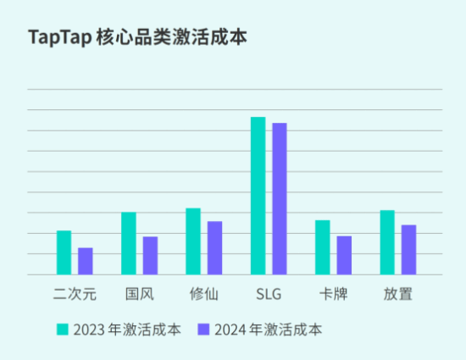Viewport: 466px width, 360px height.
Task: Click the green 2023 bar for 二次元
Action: (64, 252)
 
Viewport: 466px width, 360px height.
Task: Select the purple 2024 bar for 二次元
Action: (86, 261)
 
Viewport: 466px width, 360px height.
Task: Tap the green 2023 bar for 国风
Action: (129, 243)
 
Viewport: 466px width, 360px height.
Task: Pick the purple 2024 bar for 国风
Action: (150, 255)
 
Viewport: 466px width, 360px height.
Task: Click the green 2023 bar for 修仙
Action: (193, 241)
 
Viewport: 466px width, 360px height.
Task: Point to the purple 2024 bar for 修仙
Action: (215, 247)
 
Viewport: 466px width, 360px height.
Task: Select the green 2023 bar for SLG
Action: (258, 196)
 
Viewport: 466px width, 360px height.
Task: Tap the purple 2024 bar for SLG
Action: (280, 199)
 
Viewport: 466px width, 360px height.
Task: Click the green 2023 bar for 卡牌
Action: (323, 247)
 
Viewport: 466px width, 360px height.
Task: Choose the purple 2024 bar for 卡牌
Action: (344, 255)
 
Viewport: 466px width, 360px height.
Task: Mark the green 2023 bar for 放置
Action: (387, 242)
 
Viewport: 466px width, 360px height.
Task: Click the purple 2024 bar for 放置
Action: (409, 250)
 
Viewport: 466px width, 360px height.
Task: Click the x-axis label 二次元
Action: (75, 295)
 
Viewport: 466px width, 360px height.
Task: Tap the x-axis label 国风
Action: (139, 295)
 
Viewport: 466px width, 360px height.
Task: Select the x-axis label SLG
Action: (269, 295)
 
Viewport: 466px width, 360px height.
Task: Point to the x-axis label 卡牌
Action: (333, 295)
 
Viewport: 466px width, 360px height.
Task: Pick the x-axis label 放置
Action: (398, 295)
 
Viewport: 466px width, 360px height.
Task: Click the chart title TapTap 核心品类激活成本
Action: (138, 39)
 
